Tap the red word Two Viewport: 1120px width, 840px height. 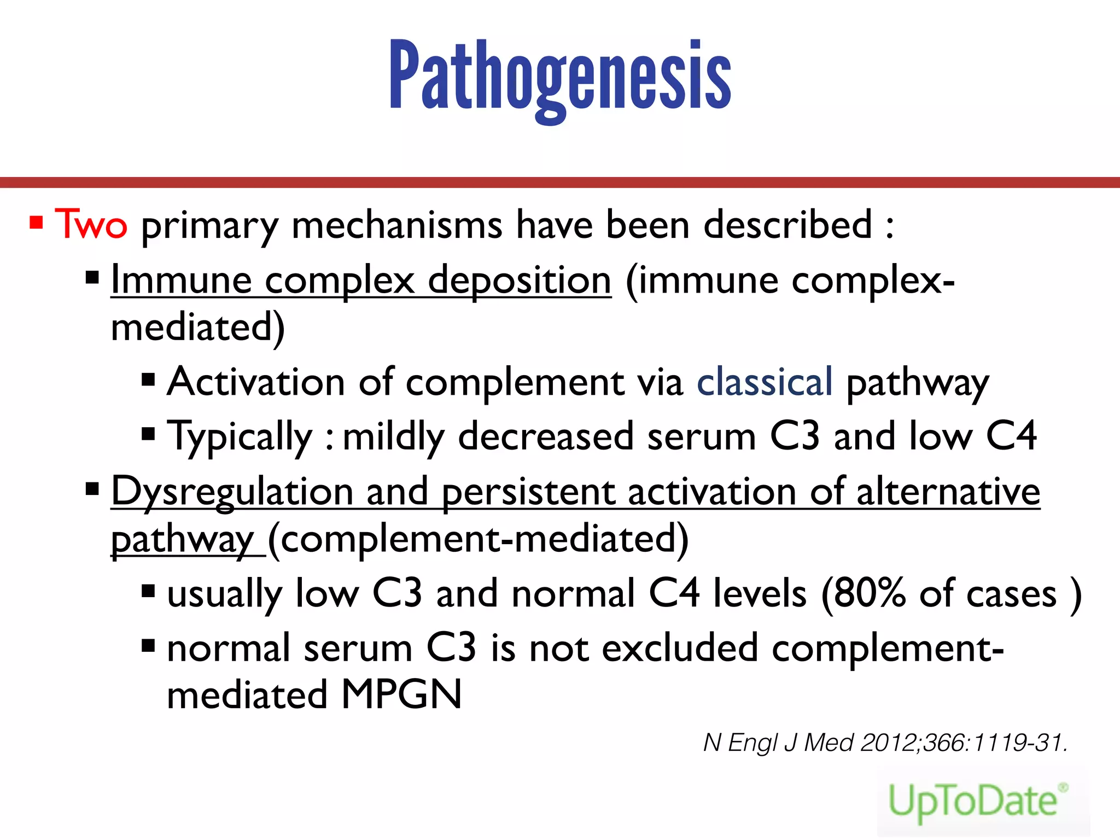91,224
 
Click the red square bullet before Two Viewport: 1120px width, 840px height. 37,223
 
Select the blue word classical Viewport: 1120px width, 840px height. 764,382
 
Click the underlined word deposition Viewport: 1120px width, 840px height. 519,280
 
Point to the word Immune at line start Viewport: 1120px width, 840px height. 181,280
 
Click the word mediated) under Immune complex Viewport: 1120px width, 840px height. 197,327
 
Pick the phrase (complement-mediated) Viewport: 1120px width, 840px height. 478,539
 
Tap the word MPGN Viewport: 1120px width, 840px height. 401,695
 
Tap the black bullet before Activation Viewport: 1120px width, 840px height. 148,380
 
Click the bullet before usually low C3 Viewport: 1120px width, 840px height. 148,591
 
